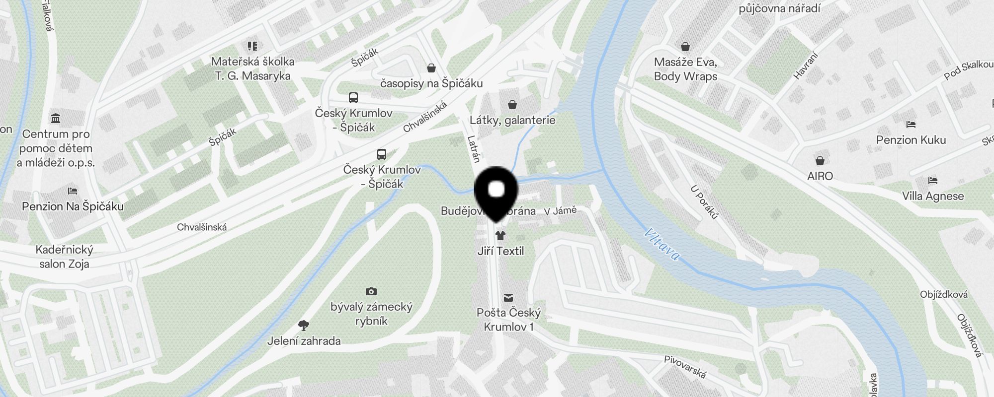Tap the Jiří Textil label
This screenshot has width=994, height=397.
click(x=500, y=251)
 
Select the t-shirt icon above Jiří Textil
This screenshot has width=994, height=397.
click(x=500, y=235)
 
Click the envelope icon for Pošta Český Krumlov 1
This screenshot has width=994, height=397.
click(x=508, y=297)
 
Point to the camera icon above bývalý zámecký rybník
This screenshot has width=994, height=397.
click(x=371, y=291)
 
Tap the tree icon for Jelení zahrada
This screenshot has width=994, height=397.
click(x=304, y=326)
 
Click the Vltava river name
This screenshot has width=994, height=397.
click(x=662, y=244)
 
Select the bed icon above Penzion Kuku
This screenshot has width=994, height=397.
click(x=911, y=125)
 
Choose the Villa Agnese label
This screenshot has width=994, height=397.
click(x=933, y=196)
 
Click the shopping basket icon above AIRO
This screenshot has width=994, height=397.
click(x=820, y=161)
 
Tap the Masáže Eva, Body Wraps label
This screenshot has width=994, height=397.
click(x=685, y=69)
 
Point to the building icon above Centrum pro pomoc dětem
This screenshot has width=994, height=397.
click(x=56, y=119)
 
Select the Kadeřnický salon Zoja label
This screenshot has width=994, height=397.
click(x=64, y=257)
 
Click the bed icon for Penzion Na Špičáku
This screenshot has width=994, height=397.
click(x=72, y=191)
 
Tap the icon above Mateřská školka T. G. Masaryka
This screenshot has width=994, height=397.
click(x=252, y=46)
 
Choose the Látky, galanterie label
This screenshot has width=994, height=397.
click(x=512, y=120)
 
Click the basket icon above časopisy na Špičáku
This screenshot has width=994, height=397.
click(x=431, y=67)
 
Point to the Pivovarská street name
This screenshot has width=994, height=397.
click(x=685, y=367)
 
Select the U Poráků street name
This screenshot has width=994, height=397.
click(x=704, y=202)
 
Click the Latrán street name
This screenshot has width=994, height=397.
click(x=474, y=149)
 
